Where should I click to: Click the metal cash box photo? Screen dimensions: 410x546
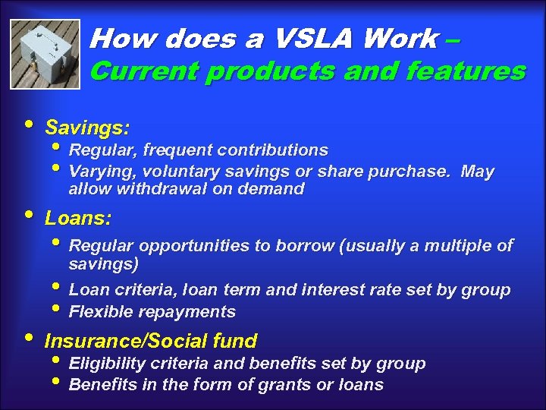pos(45,53)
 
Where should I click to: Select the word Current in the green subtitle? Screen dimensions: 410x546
pos(143,71)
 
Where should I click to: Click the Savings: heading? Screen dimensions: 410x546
pos(87,126)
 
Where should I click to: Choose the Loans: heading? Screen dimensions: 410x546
pos(78,219)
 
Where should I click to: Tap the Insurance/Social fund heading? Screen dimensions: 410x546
pos(151,341)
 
